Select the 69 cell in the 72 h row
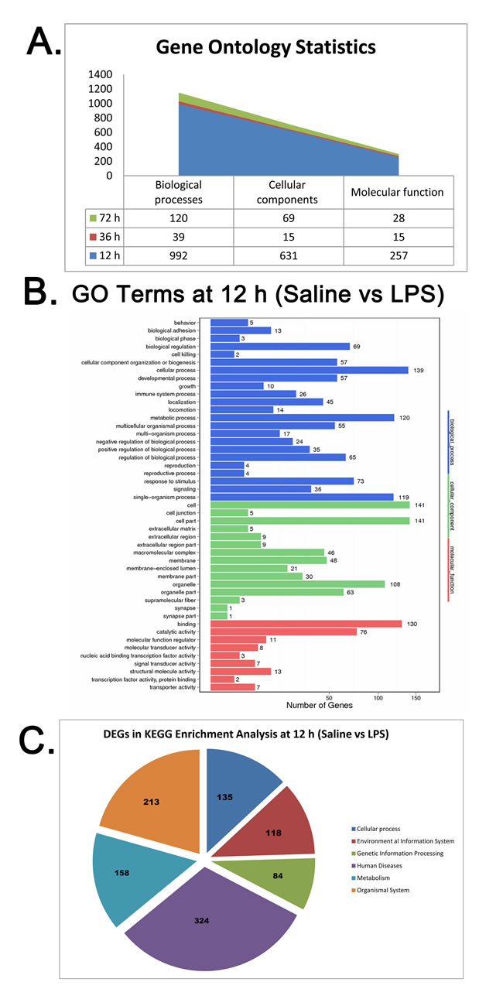click(x=288, y=219)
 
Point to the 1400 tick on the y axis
click(x=101, y=74)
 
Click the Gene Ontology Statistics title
click(x=265, y=47)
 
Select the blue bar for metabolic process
click(x=302, y=417)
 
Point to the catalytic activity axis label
click(x=174, y=631)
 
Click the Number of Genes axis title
click(x=319, y=706)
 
